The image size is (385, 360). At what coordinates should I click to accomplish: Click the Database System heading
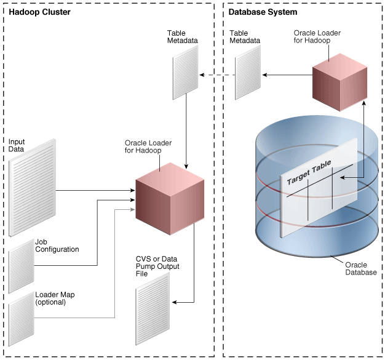263,12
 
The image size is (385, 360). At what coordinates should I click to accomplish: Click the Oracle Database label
360,268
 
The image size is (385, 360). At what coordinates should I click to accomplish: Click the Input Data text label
17,145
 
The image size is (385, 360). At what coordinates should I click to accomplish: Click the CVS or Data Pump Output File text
158,265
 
